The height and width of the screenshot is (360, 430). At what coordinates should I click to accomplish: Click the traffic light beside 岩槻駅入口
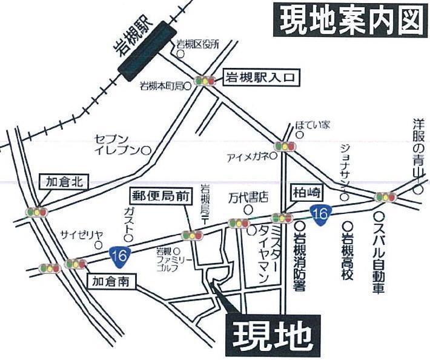click(205, 81)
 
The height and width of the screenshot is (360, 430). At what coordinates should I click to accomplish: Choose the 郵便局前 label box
click(160, 196)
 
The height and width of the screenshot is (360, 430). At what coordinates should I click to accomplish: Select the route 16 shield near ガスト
click(119, 255)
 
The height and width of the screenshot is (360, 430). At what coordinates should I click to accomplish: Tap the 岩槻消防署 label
click(300, 255)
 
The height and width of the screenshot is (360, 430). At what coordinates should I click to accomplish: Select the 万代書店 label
click(247, 198)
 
